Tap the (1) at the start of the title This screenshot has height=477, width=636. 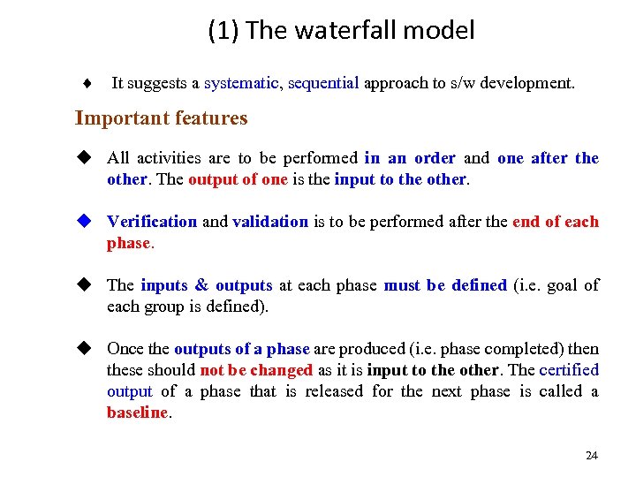click(x=223, y=31)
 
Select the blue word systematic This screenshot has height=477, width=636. click(x=241, y=84)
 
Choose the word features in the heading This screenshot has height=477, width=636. click(x=213, y=118)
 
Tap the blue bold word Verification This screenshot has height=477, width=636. click(x=152, y=222)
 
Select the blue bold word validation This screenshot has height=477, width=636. click(x=270, y=222)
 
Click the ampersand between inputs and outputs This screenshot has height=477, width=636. click(x=201, y=285)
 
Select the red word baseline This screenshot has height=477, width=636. click(x=137, y=413)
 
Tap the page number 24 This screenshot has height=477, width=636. click(x=591, y=456)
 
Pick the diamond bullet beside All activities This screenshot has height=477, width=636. click(x=85, y=158)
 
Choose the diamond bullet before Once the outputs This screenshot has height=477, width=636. click(x=85, y=349)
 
